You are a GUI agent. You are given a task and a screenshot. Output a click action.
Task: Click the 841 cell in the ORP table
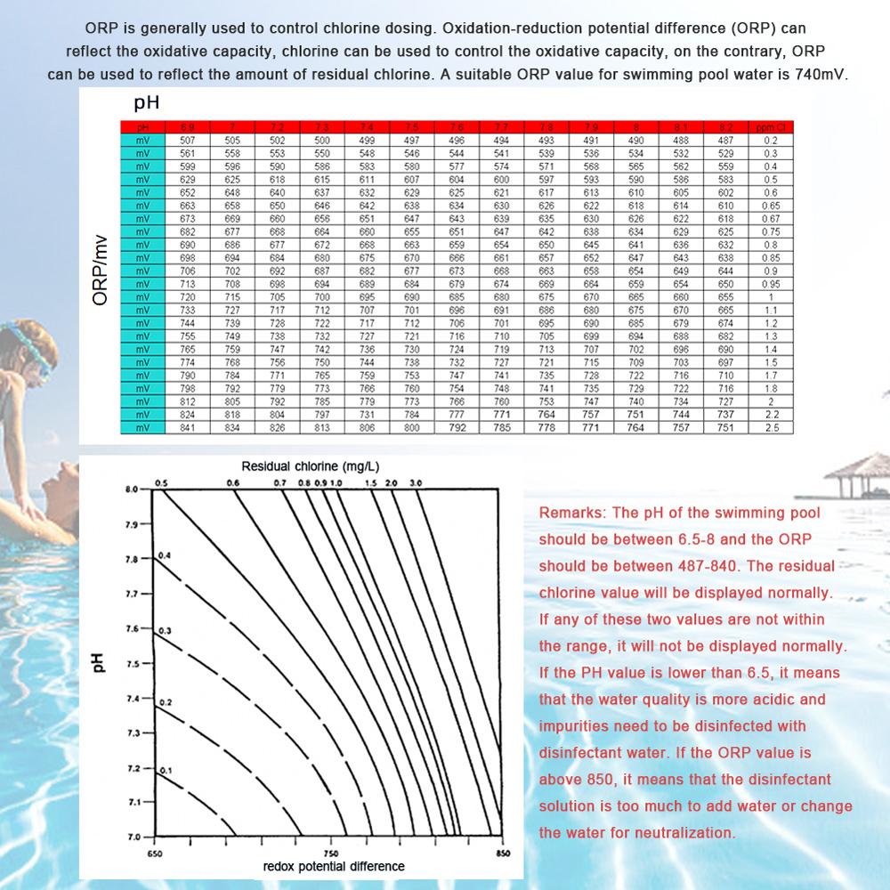(187, 428)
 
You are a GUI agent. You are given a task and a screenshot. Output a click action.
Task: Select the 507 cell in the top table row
(187, 141)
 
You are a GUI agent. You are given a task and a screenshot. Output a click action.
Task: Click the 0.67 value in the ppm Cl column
(770, 218)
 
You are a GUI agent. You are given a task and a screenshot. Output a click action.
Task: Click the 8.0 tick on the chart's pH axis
(133, 489)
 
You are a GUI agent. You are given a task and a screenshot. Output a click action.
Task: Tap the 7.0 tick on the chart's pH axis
(133, 837)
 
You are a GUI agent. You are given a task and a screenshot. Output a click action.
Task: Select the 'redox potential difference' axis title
(334, 866)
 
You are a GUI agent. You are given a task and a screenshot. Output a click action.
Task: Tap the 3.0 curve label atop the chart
(415, 482)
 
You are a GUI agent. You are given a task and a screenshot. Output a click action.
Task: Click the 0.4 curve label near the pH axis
(164, 555)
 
